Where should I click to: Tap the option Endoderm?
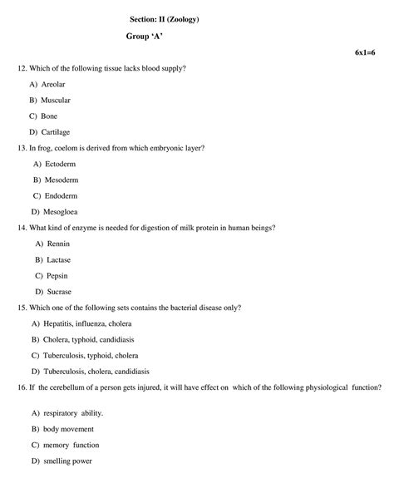pos(58,195)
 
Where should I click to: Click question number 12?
pos(22,68)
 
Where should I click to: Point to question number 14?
pos(22,228)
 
